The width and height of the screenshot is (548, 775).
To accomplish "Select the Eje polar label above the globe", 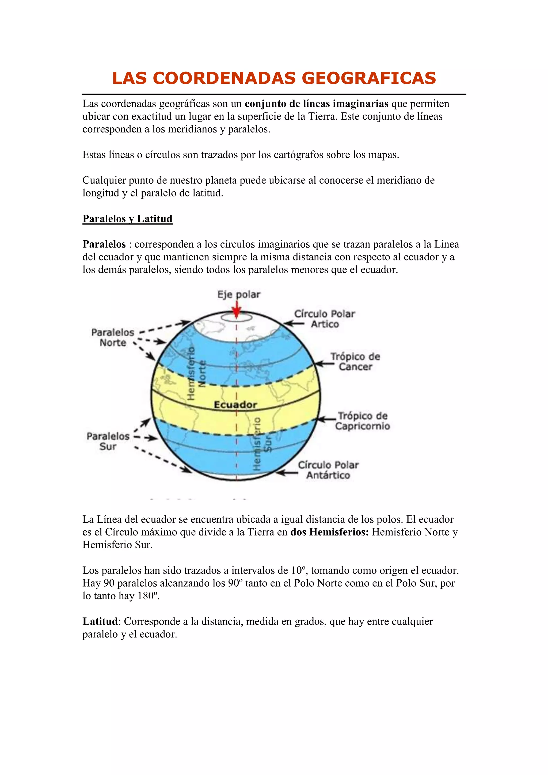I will [x=239, y=294].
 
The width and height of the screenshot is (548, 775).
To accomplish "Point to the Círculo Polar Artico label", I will [x=325, y=319].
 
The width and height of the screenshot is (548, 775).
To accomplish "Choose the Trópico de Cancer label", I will [x=355, y=362].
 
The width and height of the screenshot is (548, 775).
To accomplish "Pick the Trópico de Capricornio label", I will [x=362, y=421].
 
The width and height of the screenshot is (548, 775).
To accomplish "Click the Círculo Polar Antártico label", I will [x=328, y=470].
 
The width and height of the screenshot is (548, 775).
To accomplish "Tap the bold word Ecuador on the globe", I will [x=235, y=404].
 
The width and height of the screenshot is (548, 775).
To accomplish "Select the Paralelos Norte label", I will [x=113, y=337].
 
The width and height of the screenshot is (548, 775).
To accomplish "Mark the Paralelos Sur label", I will [x=108, y=441].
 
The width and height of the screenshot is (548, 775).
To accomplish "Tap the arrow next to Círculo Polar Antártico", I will [x=287, y=473].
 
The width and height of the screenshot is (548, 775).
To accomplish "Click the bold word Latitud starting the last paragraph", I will [x=100, y=621].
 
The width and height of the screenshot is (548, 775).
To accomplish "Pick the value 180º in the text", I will [x=148, y=596].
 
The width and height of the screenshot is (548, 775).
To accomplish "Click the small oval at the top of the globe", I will [x=237, y=317].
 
